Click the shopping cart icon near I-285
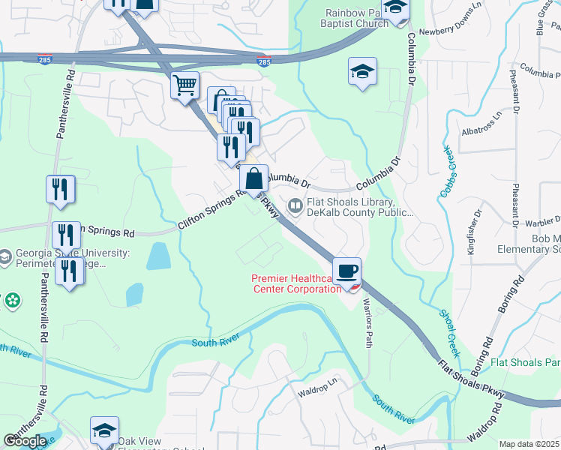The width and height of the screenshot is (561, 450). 184,85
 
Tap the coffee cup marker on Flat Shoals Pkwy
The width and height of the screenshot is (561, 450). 346,271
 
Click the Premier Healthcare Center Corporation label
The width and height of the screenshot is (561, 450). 296,283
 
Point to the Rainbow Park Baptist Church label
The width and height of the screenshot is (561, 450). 357,17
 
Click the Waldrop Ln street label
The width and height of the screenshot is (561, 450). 318,391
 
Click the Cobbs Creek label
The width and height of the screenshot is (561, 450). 447,172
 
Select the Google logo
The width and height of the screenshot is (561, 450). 25,441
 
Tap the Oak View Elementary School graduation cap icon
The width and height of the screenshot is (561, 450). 104,430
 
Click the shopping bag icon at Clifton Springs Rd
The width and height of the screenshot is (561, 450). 254,179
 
